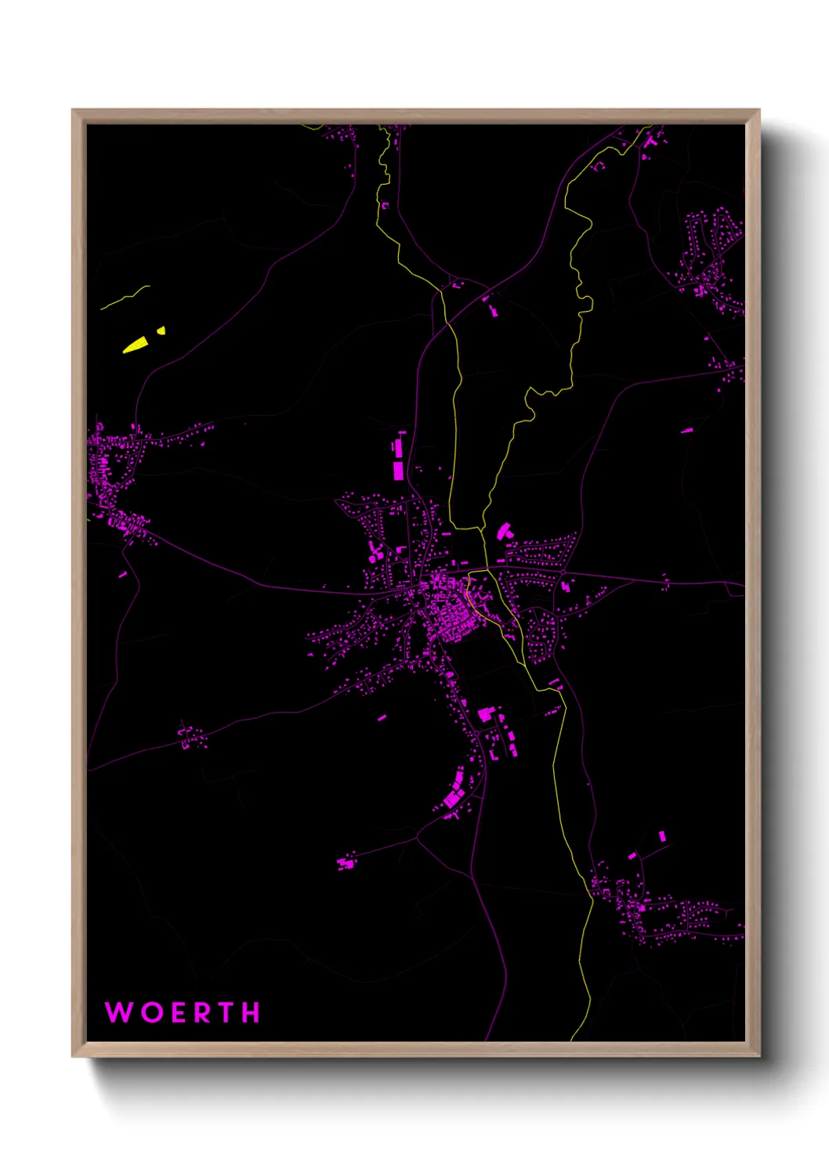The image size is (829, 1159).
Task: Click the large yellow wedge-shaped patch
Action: (x=136, y=345)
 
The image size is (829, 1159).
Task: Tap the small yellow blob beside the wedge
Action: (x=161, y=330)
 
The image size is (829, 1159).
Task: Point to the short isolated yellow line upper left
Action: (x=125, y=298)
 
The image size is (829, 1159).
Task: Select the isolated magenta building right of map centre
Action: (x=686, y=430)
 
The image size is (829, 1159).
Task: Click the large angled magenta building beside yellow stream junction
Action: (x=504, y=531)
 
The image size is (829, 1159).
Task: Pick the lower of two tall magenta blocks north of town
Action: (x=398, y=470)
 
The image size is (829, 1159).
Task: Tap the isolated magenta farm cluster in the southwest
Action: (x=345, y=863)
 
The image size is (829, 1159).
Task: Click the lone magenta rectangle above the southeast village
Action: (x=662, y=836)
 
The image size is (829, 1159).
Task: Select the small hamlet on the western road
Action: (x=190, y=737)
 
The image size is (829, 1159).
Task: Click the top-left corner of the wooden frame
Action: (x=73, y=110)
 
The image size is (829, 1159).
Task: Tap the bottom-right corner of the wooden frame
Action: (x=758, y=1056)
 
